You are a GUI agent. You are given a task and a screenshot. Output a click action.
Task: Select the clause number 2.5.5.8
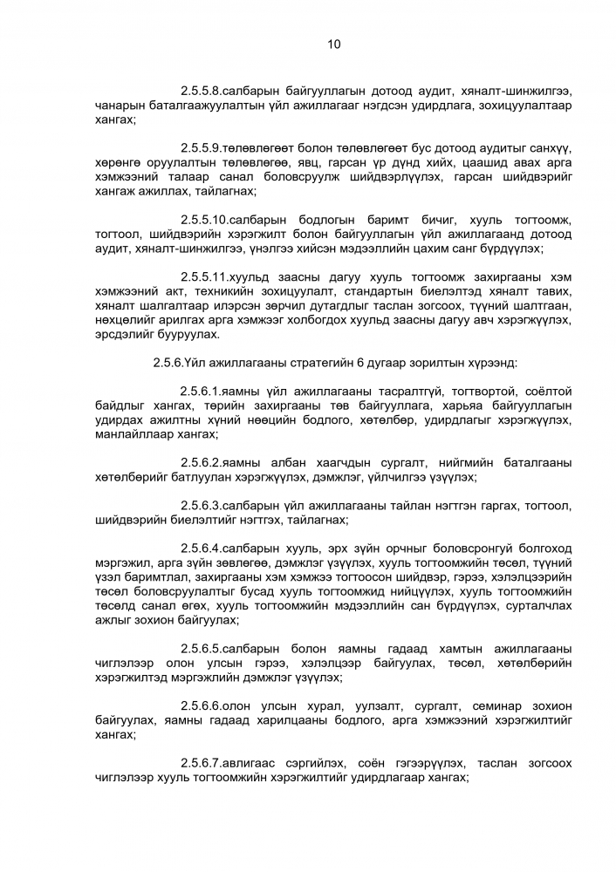coord(201,91)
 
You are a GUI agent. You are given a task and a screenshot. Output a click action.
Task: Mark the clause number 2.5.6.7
coord(201,763)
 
